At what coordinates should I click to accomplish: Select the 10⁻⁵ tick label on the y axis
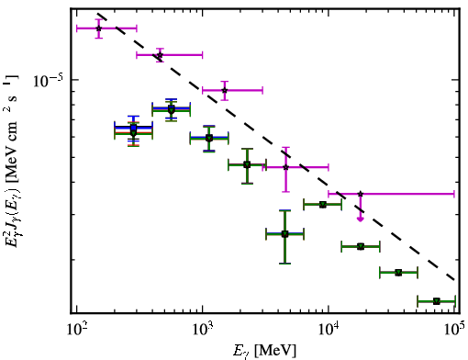click(x=49, y=80)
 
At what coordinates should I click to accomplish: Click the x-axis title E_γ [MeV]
click(x=264, y=351)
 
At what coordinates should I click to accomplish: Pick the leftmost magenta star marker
click(x=98, y=28)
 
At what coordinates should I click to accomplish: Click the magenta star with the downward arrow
click(x=361, y=194)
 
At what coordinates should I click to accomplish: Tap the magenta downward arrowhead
click(x=361, y=219)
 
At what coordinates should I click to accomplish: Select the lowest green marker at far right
click(x=437, y=301)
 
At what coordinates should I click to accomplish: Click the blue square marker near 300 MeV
click(x=133, y=128)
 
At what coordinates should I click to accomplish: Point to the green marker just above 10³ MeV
click(x=209, y=139)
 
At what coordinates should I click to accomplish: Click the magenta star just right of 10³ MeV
click(x=225, y=90)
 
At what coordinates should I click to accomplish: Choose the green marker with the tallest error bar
click(x=284, y=234)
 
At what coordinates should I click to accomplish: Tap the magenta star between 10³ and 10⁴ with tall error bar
click(x=285, y=167)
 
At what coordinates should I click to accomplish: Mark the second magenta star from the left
click(x=160, y=55)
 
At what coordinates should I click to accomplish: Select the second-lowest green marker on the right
click(x=398, y=273)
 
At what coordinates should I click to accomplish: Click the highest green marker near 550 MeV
click(x=172, y=109)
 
